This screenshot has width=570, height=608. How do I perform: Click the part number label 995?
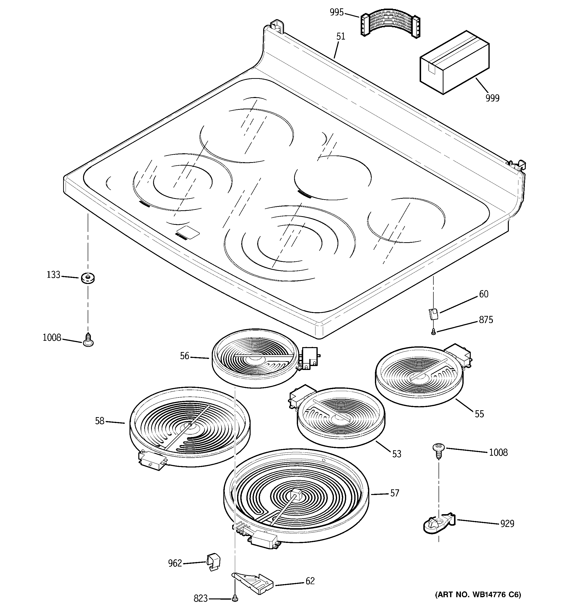(337, 13)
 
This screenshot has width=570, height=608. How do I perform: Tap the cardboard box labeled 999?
(454, 62)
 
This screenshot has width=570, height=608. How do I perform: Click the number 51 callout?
(341, 36)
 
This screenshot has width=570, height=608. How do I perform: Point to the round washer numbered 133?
(88, 278)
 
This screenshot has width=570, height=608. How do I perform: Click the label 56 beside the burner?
(185, 356)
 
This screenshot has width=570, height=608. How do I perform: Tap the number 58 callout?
(100, 421)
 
